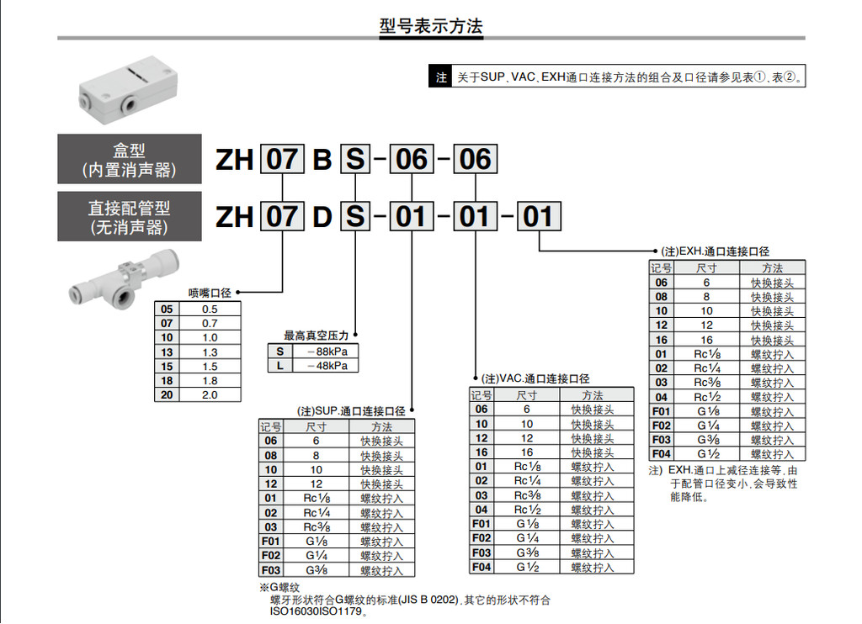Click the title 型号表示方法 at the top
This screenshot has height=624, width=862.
[431, 26]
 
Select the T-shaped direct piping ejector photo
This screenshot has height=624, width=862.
[125, 278]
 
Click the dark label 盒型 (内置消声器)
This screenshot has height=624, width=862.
[129, 159]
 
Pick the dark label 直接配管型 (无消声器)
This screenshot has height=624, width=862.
[129, 216]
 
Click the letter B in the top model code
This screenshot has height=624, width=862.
[322, 160]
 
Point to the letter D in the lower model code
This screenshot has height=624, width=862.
[322, 217]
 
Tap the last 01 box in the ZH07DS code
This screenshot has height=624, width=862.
[539, 216]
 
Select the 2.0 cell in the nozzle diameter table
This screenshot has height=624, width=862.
[210, 395]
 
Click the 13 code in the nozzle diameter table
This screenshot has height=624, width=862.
[167, 352]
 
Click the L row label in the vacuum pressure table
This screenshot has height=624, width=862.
[279, 366]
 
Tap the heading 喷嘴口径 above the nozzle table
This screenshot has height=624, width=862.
[210, 293]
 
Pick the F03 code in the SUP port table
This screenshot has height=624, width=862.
[271, 570]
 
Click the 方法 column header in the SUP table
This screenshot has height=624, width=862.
[381, 427]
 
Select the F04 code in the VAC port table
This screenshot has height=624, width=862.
[482, 567]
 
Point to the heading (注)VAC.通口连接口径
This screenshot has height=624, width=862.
[535, 378]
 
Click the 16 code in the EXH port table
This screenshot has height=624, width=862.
[662, 340]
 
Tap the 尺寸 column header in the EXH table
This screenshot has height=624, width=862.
[706, 268]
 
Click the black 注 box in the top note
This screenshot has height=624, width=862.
[441, 77]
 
